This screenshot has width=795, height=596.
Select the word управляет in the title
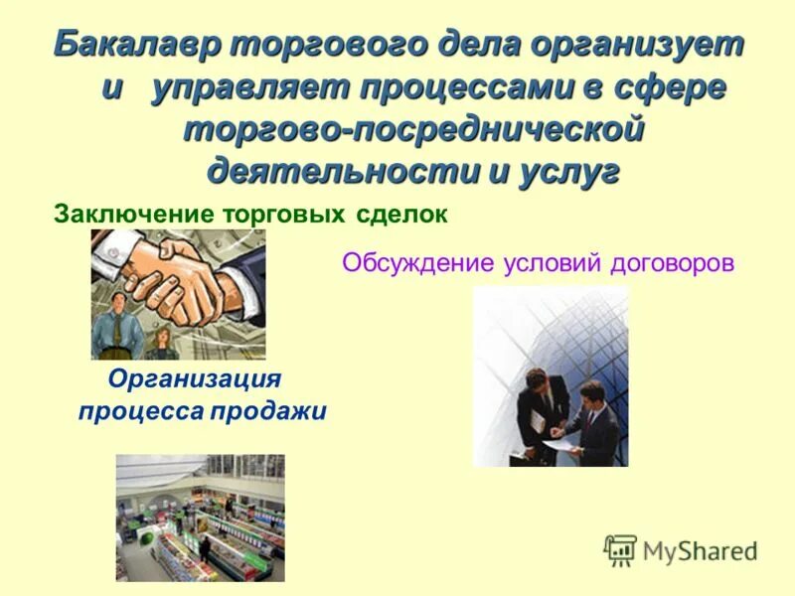point(248,87)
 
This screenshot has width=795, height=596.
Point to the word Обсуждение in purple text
point(417,264)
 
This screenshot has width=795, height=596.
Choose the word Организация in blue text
point(195,379)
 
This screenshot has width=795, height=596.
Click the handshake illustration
point(178,294)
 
